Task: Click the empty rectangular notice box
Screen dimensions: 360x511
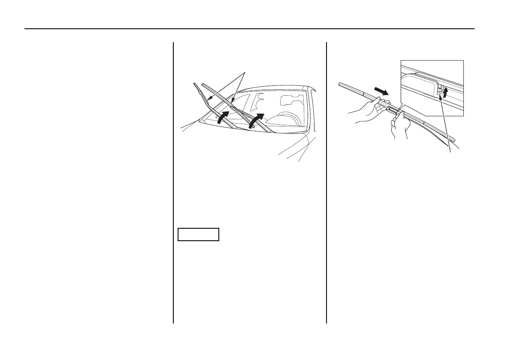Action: [199, 235]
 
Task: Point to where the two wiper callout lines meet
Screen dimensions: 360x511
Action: [245, 72]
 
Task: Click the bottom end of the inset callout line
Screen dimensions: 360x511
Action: [451, 153]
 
